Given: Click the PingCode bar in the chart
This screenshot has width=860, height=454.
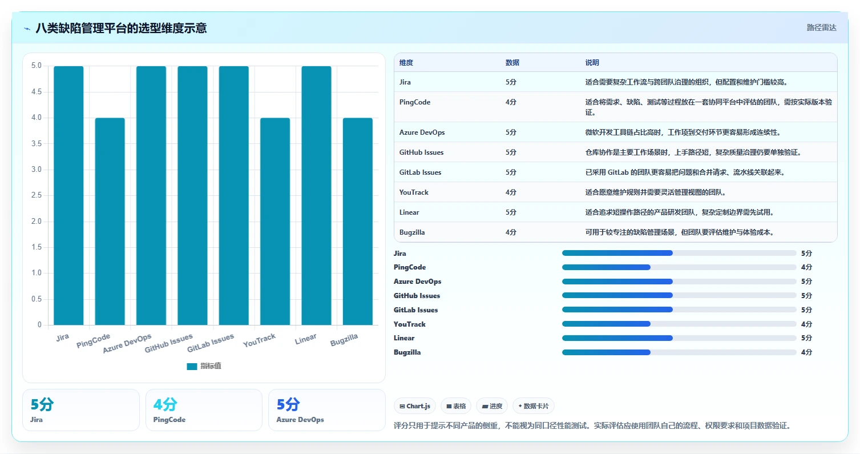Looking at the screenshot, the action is coord(110,221).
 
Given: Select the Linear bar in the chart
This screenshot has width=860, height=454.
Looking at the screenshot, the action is coord(316,195).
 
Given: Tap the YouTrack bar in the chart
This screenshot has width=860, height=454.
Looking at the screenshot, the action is coord(275,221).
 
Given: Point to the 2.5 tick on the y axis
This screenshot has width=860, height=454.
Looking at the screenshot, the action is coord(37,195).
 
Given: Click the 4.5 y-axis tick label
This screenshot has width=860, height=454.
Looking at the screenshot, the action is coord(37,92).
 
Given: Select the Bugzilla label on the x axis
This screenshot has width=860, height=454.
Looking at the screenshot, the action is coord(344,340).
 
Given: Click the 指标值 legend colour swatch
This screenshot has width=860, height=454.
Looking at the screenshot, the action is coord(192,367).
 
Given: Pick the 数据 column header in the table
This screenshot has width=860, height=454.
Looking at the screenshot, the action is coord(512,63).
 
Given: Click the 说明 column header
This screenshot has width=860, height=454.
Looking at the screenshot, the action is coord(592,63).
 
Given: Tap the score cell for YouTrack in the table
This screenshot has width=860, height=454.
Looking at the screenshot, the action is coord(511,192).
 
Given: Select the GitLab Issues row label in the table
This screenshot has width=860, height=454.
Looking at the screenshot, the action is coord(420,172).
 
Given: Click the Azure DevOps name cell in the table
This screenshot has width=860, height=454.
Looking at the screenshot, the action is coord(422,132).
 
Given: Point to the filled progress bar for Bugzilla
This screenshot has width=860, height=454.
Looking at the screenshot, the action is coord(606,352).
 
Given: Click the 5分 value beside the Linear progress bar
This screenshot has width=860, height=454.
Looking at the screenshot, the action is coord(806,338).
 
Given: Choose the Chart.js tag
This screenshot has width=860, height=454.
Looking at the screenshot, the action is coord(415,406).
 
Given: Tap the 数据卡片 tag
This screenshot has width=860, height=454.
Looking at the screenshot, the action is coord(533,406).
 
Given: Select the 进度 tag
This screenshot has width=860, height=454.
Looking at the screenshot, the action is coord(492,406).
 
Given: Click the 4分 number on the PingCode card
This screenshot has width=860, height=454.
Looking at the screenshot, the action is coord(165,404).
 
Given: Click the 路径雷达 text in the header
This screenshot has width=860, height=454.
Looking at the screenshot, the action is coord(821,27).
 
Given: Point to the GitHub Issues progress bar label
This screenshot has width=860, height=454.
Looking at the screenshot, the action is coord(417,295).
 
